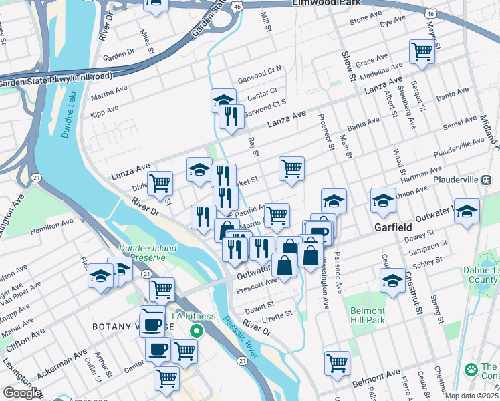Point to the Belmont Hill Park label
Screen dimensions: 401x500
coord(367,316)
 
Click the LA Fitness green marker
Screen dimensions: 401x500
coord(196,331)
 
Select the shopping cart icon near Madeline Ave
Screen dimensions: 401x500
coord(422,51)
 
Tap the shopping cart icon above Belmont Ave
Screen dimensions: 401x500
coord(338,363)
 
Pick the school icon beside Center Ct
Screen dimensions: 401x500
coord(223,100)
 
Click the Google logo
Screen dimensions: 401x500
coord(21,393)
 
